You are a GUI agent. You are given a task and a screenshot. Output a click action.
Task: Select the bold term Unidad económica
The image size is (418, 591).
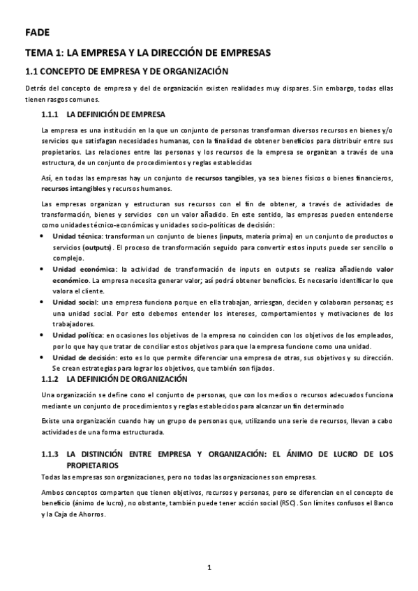click(83, 269)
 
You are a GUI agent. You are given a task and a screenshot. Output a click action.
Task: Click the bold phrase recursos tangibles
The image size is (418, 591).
click(225, 178)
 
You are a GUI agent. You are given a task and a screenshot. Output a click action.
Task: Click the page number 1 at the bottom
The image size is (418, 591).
click(209, 569)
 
